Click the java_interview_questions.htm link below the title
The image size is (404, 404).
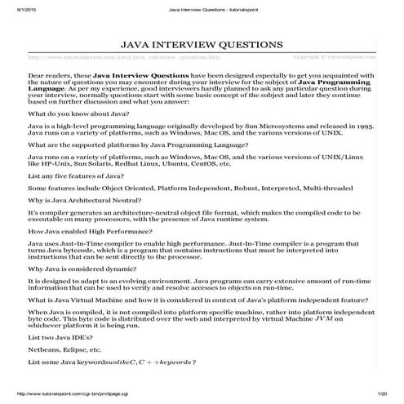point(123,58)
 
